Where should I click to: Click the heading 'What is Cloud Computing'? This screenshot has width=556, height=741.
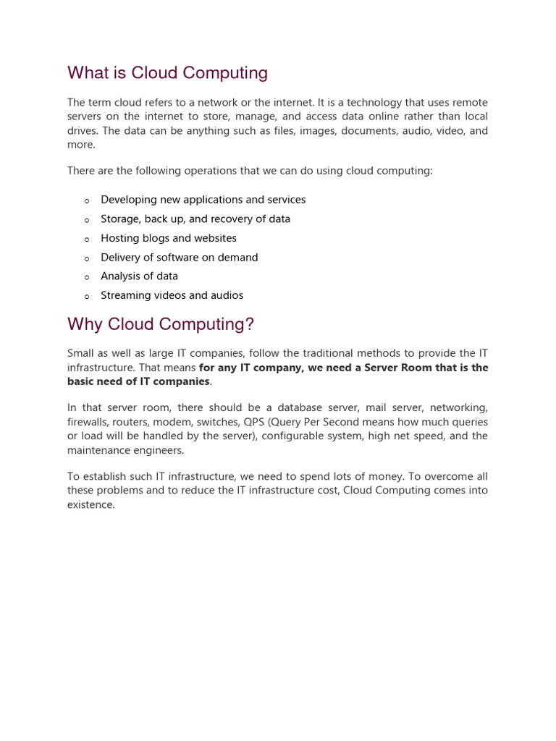pyautogui.click(x=167, y=73)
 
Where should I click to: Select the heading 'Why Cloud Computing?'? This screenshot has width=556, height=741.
pyautogui.click(x=161, y=324)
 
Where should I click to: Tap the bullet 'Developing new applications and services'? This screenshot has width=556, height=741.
pyautogui.click(x=203, y=200)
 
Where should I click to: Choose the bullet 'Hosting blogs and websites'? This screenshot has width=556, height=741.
pyautogui.click(x=168, y=238)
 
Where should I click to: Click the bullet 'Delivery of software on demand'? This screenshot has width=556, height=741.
pyautogui.click(x=179, y=258)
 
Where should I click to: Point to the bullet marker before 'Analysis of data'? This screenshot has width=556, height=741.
pyautogui.click(x=87, y=277)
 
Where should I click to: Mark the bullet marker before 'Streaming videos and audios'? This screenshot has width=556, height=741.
pyautogui.click(x=87, y=297)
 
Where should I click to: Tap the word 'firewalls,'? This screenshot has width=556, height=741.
pyautogui.click(x=88, y=422)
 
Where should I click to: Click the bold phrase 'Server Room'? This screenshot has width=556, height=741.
pyautogui.click(x=400, y=368)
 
